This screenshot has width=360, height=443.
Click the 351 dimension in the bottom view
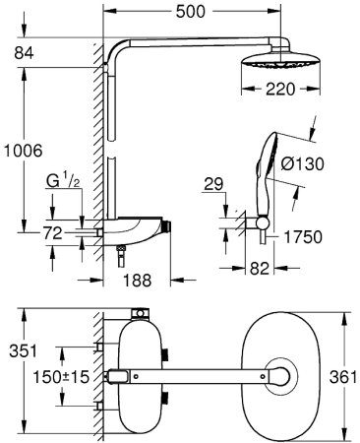(17, 351)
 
